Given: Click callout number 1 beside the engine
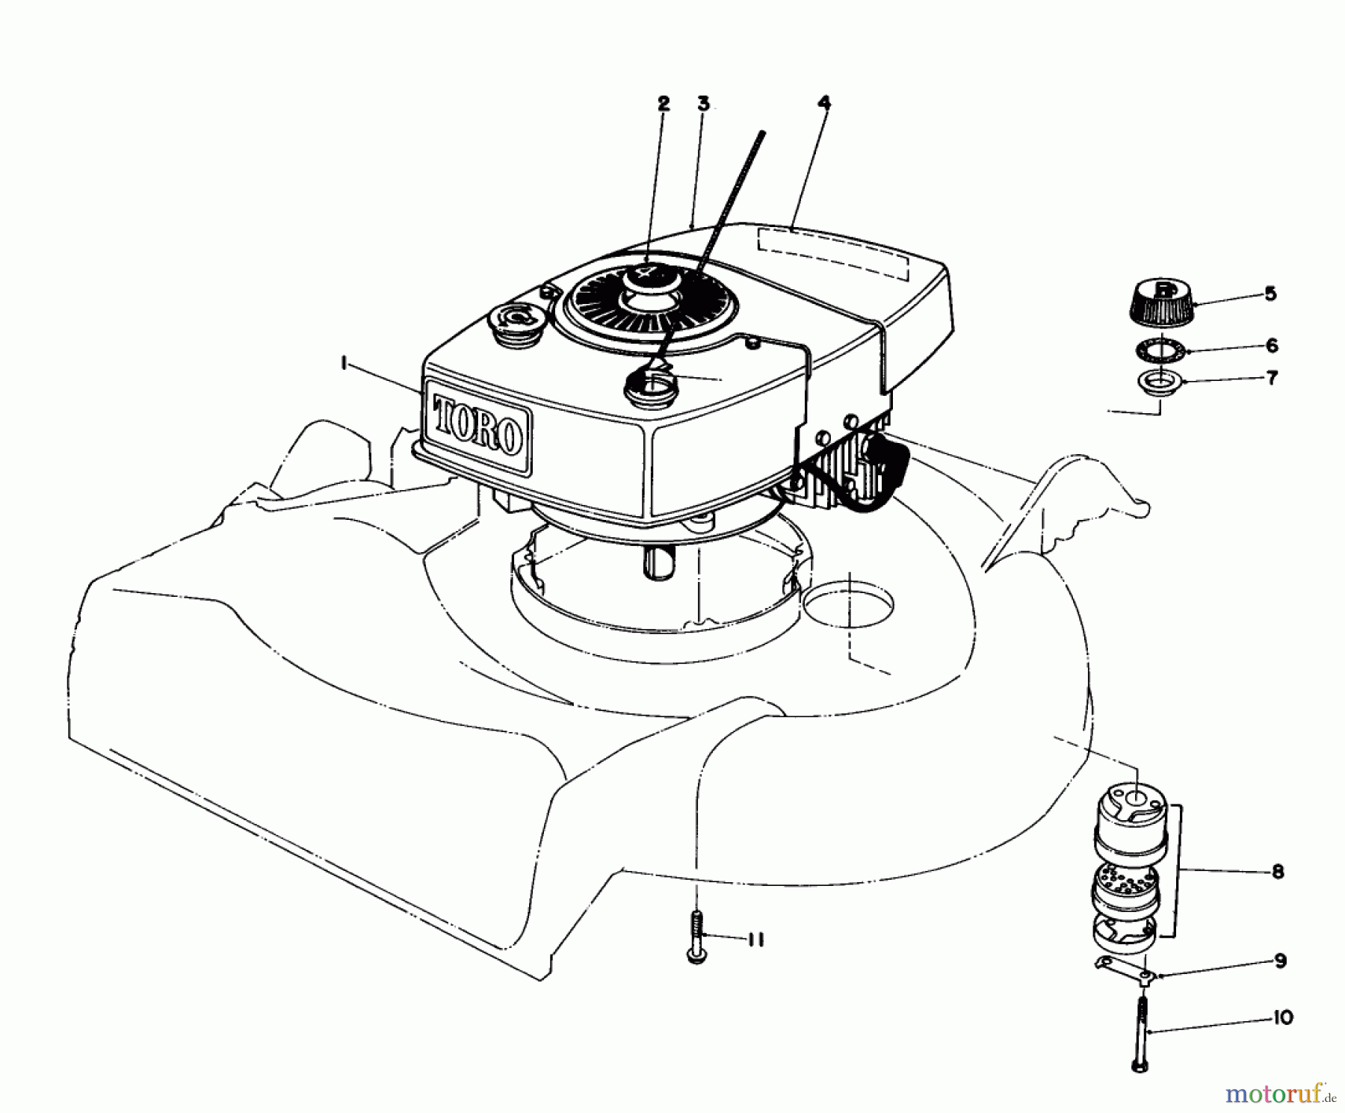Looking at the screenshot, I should coord(343,364).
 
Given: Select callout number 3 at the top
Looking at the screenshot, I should coord(702,104).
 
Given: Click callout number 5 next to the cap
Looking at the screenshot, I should coord(1270,294).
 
